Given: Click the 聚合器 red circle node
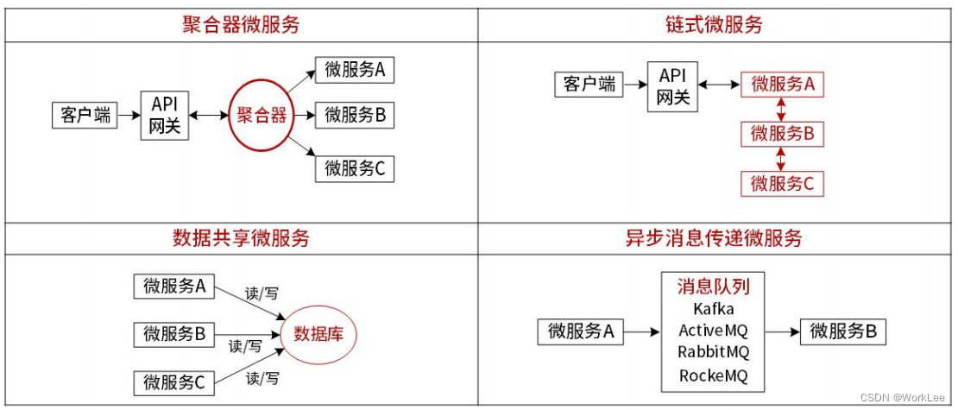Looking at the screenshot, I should click(262, 115).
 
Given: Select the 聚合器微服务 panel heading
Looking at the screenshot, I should click(241, 24).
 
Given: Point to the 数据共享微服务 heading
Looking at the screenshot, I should click(241, 238).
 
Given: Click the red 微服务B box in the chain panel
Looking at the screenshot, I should click(783, 134).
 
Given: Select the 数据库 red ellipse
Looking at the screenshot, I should click(319, 333).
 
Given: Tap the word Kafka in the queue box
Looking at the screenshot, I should click(714, 308).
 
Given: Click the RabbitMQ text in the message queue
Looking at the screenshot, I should click(714, 352).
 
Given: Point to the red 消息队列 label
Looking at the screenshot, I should click(714, 286).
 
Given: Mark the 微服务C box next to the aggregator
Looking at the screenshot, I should click(355, 168).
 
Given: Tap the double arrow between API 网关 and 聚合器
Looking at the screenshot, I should click(208, 115).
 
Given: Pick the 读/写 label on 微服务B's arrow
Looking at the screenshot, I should click(245, 346).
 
